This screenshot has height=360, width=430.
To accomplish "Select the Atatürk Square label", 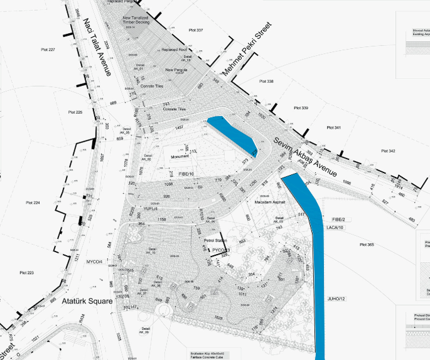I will pyautogui.click(x=87, y=301).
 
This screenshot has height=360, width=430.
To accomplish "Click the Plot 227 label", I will pyautogui.click(x=48, y=50).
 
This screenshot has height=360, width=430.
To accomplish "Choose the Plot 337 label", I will pyautogui.click(x=196, y=30).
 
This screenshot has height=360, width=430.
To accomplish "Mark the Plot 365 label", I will pyautogui.click(x=367, y=245).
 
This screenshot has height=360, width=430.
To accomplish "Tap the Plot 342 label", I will pyautogui.click(x=388, y=151).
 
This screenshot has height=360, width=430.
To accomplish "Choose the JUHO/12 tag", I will pyautogui.click(x=336, y=299).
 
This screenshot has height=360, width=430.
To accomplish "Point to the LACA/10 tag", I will pyautogui.click(x=335, y=228).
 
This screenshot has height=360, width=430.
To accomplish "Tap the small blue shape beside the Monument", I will pyautogui.click(x=232, y=134).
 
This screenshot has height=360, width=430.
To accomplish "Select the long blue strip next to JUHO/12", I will pyautogui.click(x=311, y=251).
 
